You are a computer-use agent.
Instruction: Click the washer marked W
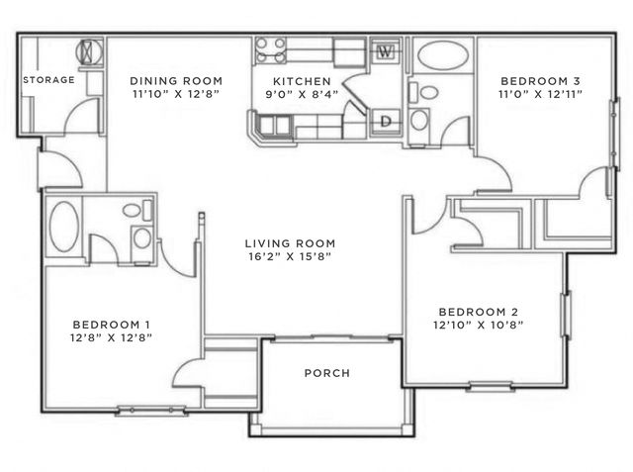386,50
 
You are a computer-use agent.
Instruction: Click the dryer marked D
386,121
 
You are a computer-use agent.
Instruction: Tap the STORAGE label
48,80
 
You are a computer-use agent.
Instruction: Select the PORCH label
327,373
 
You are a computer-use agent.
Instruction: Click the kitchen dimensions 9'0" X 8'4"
302,94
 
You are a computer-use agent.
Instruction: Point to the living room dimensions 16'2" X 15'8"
290,256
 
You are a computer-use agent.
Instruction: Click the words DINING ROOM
176,81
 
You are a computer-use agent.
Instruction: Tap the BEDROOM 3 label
541,81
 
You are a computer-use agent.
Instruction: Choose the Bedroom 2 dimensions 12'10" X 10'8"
479,325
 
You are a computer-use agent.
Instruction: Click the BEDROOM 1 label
112,325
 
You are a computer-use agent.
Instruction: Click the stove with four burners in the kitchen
270,50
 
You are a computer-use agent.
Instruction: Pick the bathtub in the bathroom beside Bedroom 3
443,55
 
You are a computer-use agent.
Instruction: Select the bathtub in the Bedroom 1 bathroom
63,227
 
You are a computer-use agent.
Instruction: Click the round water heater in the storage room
90,52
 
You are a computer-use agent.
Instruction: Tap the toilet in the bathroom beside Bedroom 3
424,92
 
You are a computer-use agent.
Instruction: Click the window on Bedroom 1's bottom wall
151,411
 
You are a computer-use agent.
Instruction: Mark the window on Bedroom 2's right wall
566,315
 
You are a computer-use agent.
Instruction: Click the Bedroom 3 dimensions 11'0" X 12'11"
541,94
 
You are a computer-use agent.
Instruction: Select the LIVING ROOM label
290,243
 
